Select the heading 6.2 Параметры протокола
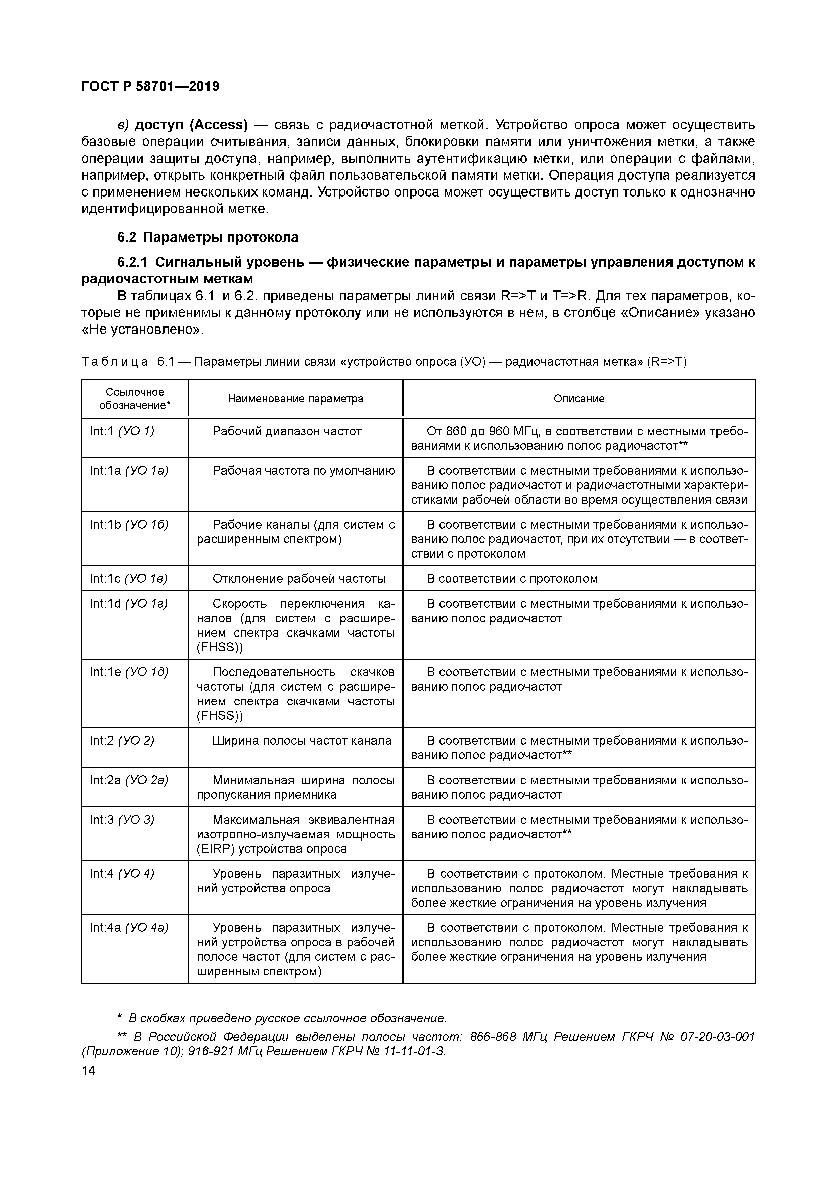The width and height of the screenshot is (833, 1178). point(208,237)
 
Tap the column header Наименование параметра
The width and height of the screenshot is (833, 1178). point(295,399)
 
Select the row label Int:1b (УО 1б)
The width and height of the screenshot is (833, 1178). point(129,525)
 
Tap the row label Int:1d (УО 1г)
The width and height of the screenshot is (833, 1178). point(129,604)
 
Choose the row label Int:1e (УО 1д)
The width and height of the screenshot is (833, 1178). point(129,672)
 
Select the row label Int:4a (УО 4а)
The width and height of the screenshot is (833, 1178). point(129,928)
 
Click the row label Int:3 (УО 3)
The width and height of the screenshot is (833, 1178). point(122,820)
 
